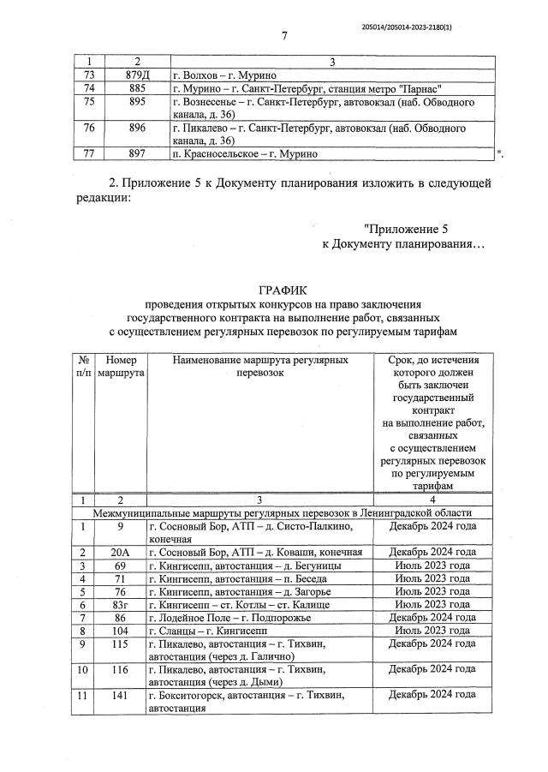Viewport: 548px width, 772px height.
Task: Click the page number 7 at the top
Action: tap(283, 35)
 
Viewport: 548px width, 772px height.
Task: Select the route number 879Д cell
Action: tap(136, 75)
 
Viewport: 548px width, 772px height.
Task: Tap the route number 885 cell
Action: tap(136, 88)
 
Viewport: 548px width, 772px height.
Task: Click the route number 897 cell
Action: tap(136, 153)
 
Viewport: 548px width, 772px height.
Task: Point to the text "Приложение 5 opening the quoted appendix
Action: tap(406, 229)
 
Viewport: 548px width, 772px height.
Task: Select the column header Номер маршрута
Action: tap(121, 368)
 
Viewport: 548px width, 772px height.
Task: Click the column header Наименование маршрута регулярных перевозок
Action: tap(260, 368)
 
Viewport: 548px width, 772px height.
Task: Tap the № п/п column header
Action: tap(83, 368)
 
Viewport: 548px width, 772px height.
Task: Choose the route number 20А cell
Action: tap(121, 552)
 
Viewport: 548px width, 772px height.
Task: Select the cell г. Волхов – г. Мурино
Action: tap(214, 75)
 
